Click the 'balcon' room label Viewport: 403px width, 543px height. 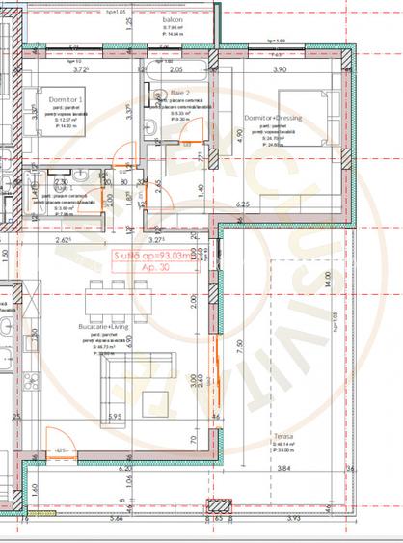(173, 18)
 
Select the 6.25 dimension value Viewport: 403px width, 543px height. (242, 204)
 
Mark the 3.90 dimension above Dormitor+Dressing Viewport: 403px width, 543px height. (281, 70)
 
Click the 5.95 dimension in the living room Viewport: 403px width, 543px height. (115, 417)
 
